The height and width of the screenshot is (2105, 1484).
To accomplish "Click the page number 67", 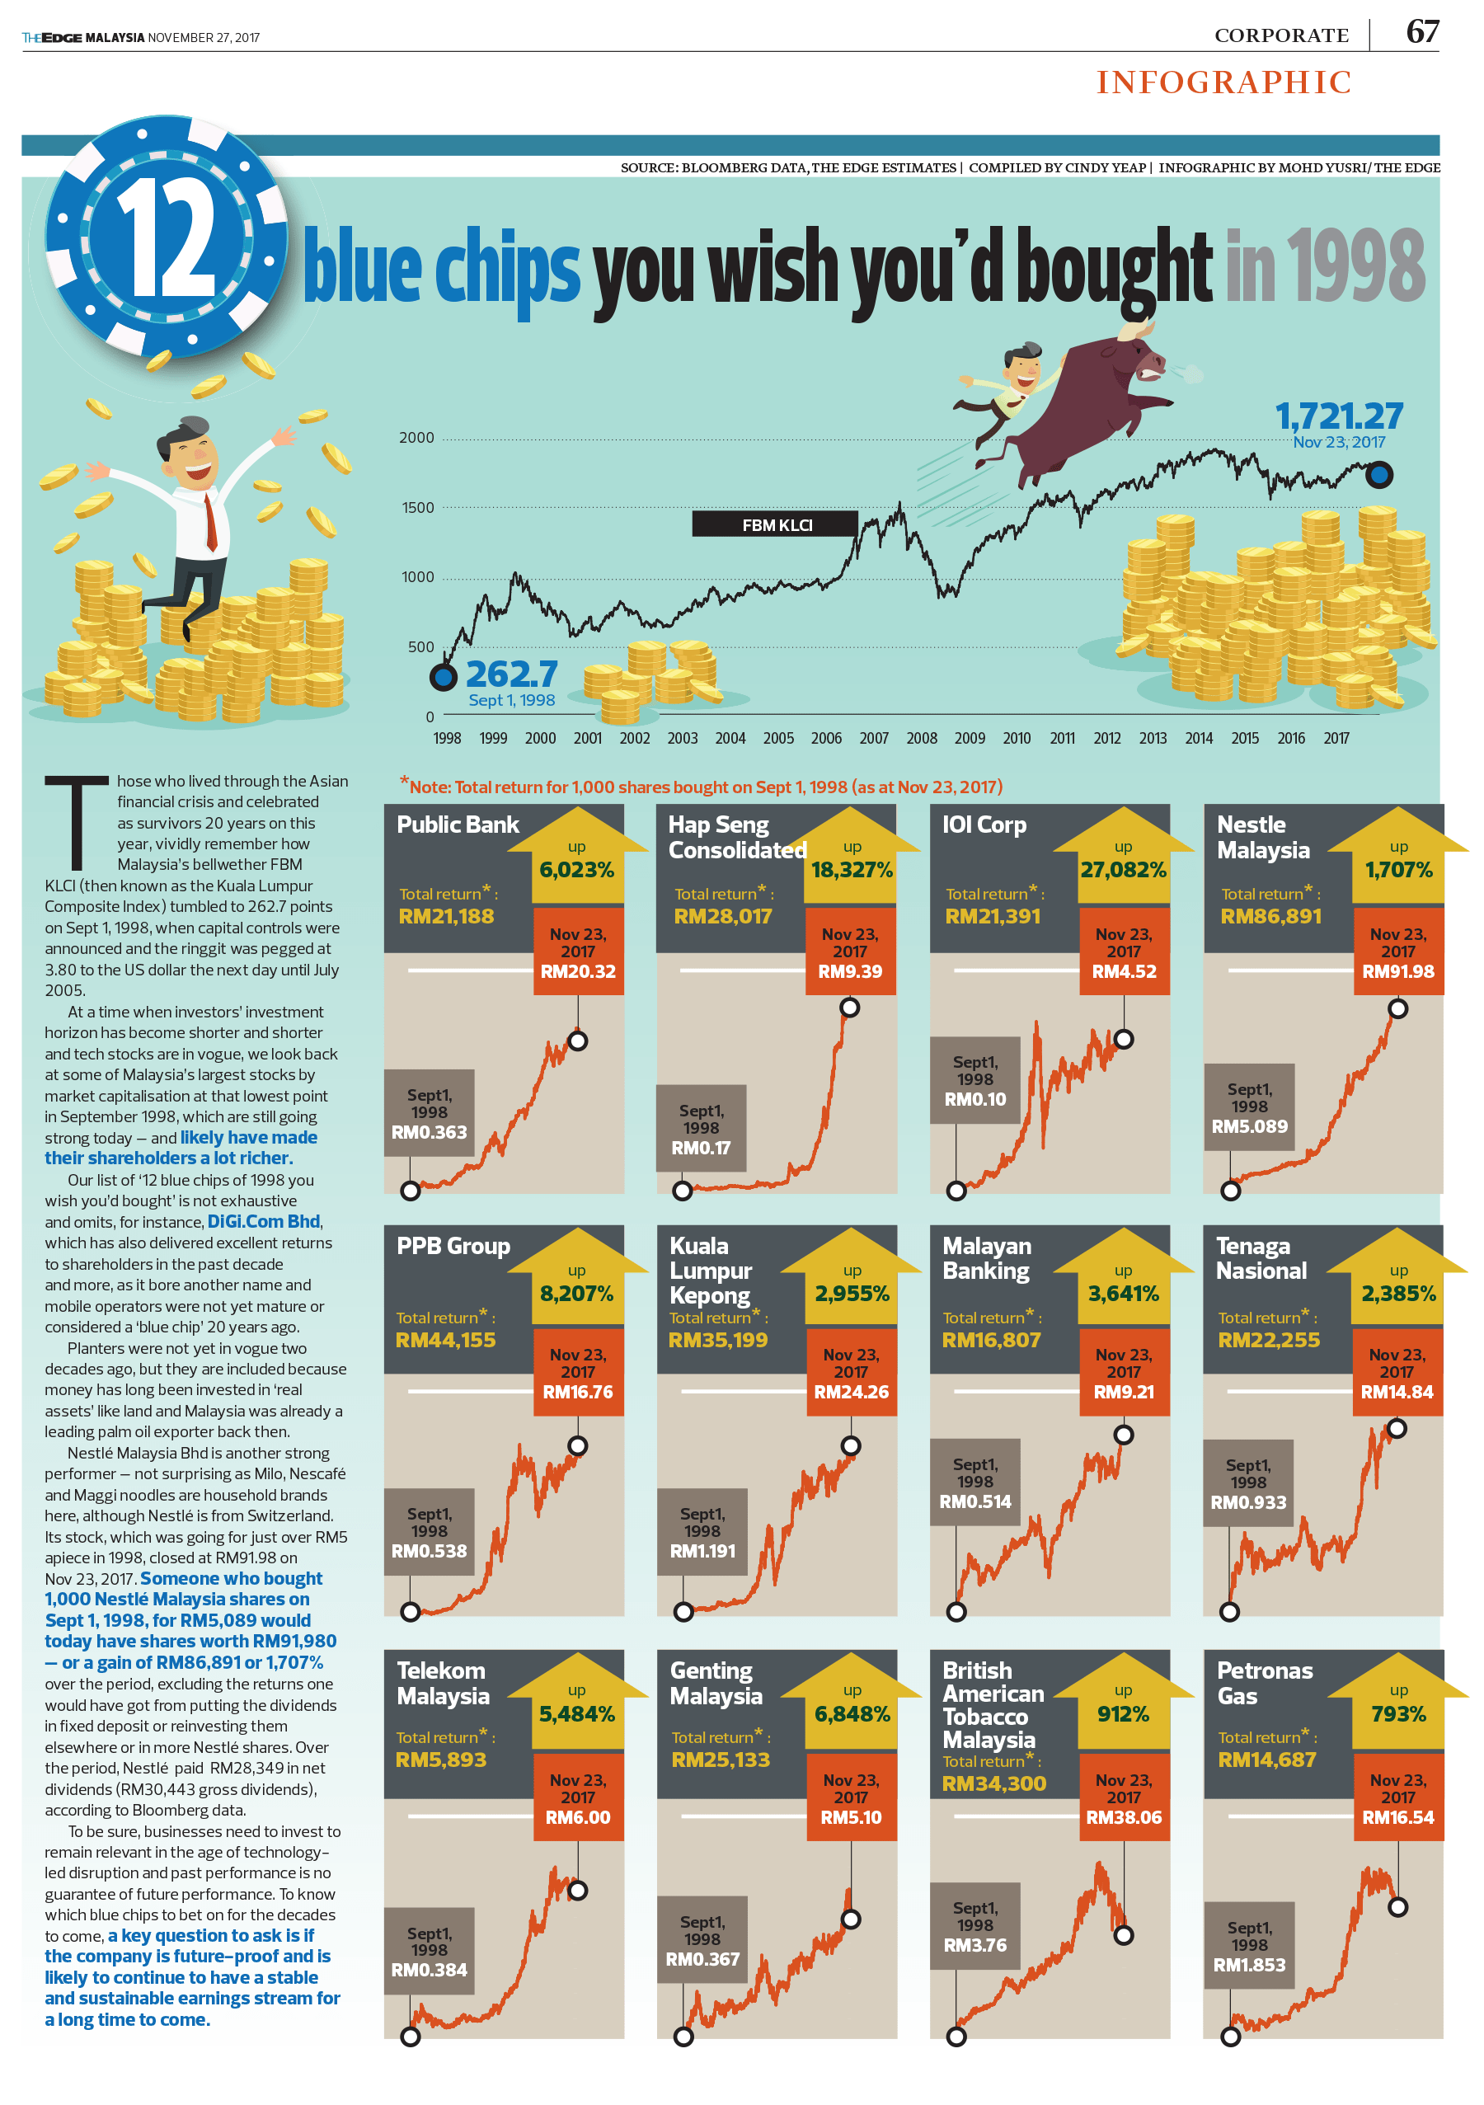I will (x=1421, y=32).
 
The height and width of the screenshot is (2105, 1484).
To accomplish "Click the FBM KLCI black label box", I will (x=776, y=524).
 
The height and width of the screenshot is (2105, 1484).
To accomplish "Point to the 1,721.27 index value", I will (x=1338, y=416).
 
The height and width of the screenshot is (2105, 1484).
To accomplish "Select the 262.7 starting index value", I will (x=511, y=674).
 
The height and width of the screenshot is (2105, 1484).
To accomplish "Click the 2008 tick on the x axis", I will (x=921, y=738).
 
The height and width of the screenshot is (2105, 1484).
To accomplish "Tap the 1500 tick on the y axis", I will (x=418, y=508).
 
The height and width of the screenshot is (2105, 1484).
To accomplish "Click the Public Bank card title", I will (x=458, y=825).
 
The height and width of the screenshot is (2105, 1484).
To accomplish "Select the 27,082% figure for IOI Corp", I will (x=1123, y=869).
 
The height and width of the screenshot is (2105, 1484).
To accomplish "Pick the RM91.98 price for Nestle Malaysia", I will (x=1397, y=971).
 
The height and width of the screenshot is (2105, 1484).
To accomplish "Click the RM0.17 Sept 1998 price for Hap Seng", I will (x=702, y=1148).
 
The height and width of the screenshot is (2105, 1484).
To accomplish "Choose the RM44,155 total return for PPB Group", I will (x=445, y=1340).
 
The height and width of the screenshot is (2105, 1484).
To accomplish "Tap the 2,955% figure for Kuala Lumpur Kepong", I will (x=852, y=1294).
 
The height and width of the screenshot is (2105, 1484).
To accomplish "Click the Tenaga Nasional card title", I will (x=1261, y=1258).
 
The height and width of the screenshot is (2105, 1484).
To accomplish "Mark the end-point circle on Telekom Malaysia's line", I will (x=577, y=1890).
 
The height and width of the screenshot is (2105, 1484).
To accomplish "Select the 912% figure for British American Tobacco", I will (x=1123, y=1713).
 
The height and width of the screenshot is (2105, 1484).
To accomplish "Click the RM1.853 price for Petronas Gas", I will (x=1248, y=1965).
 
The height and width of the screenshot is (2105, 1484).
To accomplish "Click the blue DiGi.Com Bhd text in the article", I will (x=264, y=1221).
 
